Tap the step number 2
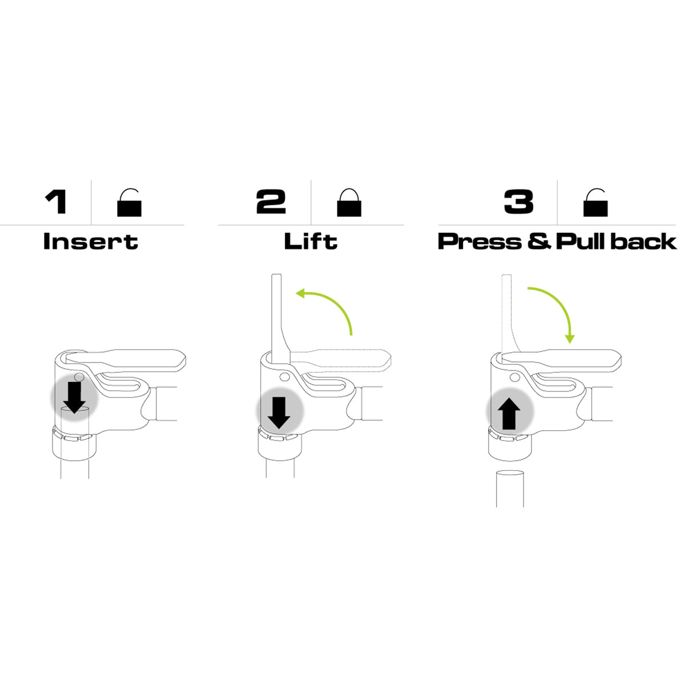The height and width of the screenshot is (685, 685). point(271,202)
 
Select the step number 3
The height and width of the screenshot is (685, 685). point(519,202)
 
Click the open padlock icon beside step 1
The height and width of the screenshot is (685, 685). point(130,202)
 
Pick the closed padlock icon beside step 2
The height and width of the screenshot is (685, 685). point(349,202)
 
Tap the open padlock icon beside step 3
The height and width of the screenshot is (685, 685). point(595,202)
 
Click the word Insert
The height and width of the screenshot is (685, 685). point(91,241)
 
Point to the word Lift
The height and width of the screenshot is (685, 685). point(311,241)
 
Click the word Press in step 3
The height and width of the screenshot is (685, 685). point(480,241)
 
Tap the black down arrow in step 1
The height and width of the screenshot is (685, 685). point(74,397)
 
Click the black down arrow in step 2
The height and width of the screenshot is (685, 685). point(279,413)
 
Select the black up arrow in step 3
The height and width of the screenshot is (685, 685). point(509,414)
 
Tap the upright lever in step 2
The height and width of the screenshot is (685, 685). point(280,320)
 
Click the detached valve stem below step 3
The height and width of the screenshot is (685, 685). point(510,488)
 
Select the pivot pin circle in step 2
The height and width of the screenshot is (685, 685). point(284,377)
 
